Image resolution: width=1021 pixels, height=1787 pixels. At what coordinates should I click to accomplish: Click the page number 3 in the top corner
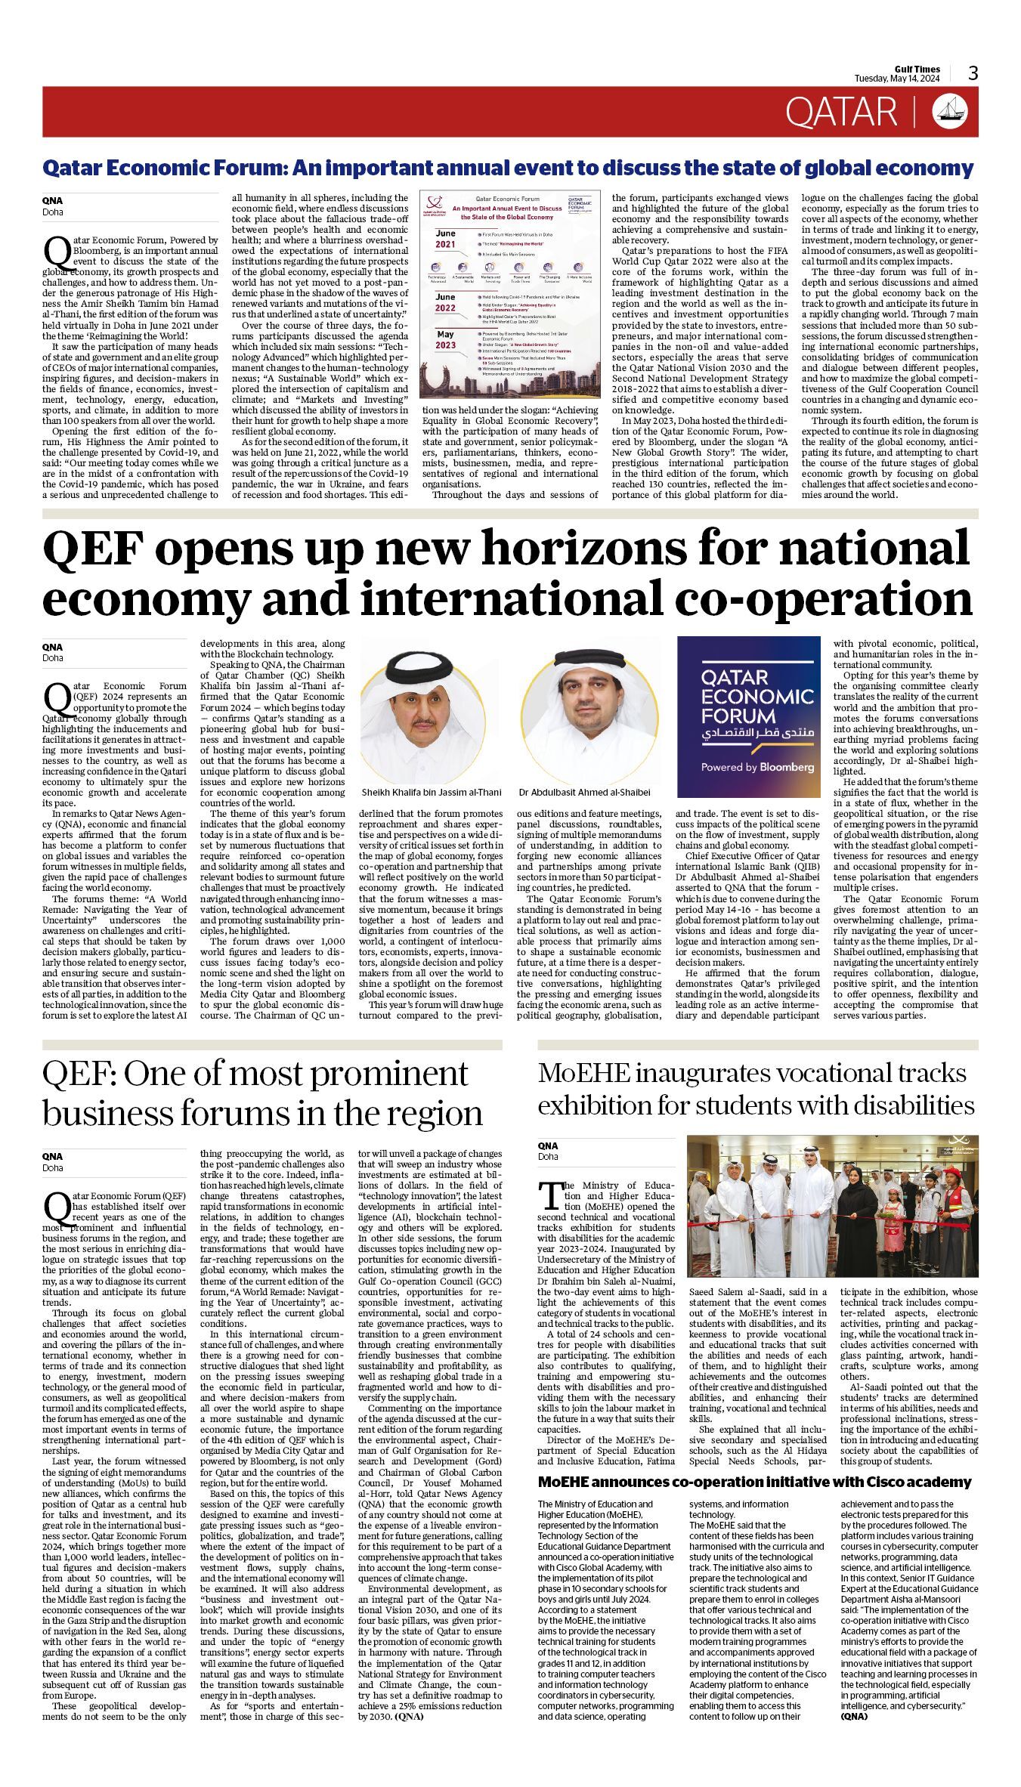pos(973,73)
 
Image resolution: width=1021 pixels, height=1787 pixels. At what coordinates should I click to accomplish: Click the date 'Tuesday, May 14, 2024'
pos(897,79)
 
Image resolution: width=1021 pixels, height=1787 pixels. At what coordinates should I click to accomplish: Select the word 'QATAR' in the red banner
pos(840,112)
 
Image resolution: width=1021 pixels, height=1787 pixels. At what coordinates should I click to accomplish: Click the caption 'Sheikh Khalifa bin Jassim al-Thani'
pos(432,793)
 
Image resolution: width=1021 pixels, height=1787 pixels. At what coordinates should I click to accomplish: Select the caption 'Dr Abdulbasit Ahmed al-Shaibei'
pos(584,793)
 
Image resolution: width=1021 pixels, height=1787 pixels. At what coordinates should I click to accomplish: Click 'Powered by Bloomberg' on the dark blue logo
pos(757,766)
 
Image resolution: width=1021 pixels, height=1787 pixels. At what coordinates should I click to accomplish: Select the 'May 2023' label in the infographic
pos(445,339)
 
